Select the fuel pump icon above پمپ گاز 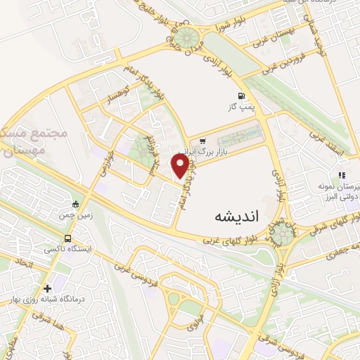click(242, 96)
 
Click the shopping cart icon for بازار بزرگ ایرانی click(202, 141)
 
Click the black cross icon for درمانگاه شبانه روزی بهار click(47, 288)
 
